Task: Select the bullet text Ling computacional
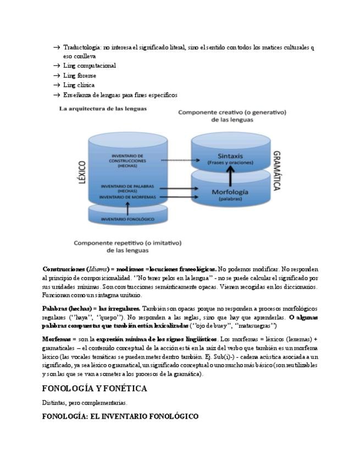pyautogui.click(x=89, y=66)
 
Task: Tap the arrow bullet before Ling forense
pyautogui.click(x=57, y=76)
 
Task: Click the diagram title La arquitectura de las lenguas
pyautogui.click(x=103, y=109)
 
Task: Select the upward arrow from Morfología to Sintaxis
pyautogui.click(x=231, y=175)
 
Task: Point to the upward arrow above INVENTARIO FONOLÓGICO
pyautogui.click(x=128, y=208)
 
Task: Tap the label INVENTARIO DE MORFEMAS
pyautogui.click(x=128, y=196)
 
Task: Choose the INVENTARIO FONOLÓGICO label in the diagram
pyautogui.click(x=128, y=219)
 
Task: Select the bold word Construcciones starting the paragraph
pyautogui.click(x=63, y=269)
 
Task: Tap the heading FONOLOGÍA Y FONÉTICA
pyautogui.click(x=95, y=389)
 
